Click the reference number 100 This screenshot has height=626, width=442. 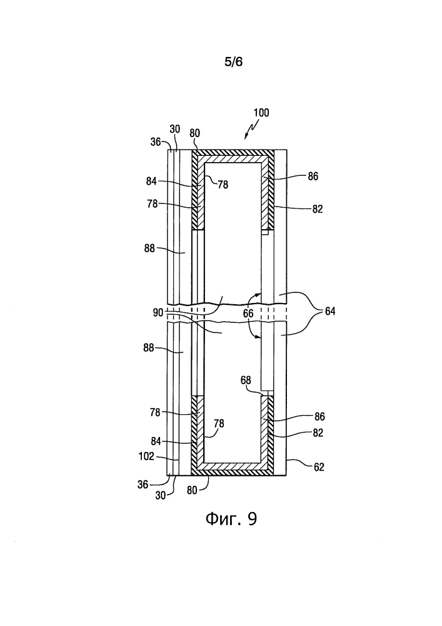coord(261,113)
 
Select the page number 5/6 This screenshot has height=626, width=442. coord(234,62)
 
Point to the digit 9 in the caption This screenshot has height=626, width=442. coord(252,518)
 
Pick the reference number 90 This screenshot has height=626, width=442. coord(158,312)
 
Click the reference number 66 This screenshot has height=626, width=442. coord(248,314)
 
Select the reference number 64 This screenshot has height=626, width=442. coord(330,311)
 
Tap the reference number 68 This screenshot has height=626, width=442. coord(246,380)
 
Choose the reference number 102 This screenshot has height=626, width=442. coord(146,456)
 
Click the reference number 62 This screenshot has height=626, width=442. coord(319,467)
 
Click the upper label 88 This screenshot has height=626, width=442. coord(149,248)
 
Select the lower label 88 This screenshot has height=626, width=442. coord(149,347)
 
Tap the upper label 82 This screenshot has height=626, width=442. coord(317,209)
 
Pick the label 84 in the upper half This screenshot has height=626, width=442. coord(151,182)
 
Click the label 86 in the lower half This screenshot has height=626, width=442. coord(319,417)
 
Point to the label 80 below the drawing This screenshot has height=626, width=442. coord(192,490)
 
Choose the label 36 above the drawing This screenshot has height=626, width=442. coord(156,141)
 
